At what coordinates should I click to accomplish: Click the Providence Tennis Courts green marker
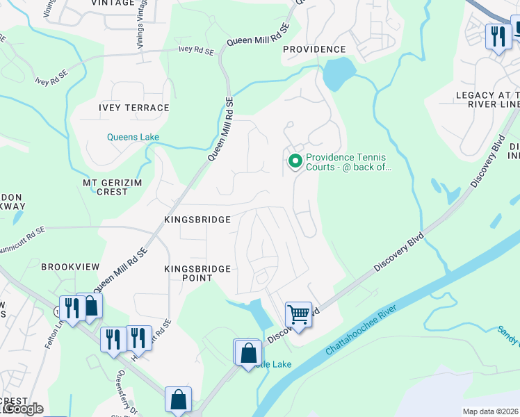(295, 161)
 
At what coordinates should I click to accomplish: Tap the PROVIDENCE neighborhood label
(314, 49)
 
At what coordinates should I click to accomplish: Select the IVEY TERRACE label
(134, 108)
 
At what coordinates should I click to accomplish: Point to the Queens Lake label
(133, 137)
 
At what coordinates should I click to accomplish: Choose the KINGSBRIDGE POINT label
(188, 272)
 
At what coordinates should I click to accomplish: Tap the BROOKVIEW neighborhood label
(70, 267)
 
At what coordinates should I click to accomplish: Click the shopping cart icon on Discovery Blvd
(298, 313)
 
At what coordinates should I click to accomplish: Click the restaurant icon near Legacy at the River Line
(497, 36)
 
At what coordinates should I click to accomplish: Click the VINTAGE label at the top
(112, 3)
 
